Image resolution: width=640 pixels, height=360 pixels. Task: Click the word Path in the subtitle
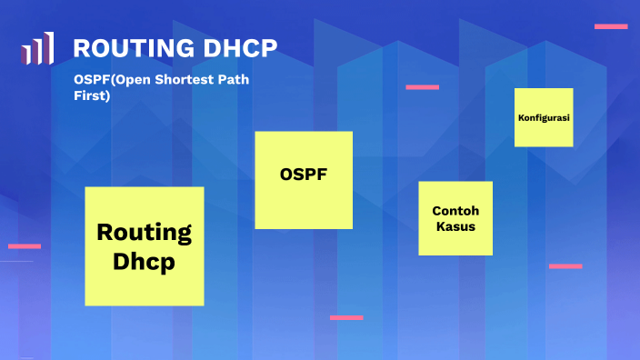coord(232,80)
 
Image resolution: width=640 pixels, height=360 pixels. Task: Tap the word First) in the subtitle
coord(92,95)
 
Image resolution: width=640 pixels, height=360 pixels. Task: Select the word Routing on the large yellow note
coord(144,232)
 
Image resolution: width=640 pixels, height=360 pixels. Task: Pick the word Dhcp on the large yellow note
coord(144,261)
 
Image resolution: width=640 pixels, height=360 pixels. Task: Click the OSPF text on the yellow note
coord(304,174)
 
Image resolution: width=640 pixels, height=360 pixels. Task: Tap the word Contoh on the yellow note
coord(455,210)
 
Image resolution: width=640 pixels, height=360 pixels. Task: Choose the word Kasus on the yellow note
coord(455,226)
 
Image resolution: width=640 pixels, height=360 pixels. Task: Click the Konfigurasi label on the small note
coord(544,118)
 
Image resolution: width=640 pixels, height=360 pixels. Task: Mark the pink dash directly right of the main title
coord(611,26)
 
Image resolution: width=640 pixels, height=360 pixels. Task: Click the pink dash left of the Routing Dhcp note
coord(25,245)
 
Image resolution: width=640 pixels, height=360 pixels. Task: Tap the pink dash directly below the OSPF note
coord(346,317)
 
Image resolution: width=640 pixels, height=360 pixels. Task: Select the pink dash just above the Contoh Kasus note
coord(422,87)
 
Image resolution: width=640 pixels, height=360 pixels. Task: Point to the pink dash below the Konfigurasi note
coord(565,266)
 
